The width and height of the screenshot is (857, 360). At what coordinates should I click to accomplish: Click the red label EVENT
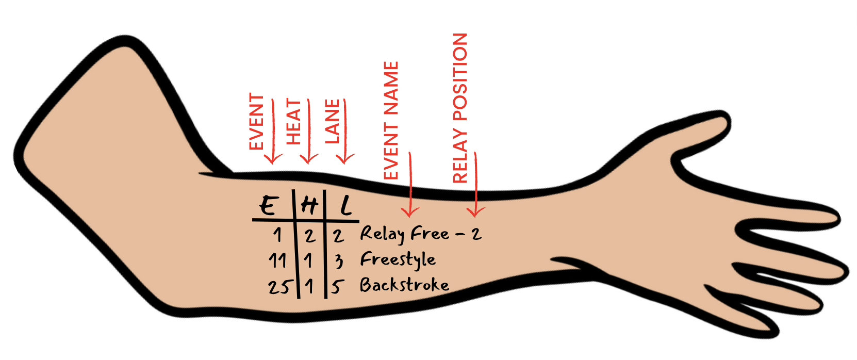point(256,122)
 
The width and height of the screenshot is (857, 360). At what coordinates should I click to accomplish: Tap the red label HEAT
point(293,122)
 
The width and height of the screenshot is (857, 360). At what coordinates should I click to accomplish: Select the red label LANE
point(332,122)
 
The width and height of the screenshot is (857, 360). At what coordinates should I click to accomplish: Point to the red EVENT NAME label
point(391,121)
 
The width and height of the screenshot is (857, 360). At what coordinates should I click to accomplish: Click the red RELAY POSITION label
point(460,108)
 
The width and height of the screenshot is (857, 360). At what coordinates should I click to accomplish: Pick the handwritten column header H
point(309,206)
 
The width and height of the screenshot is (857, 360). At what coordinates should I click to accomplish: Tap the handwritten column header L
point(346,206)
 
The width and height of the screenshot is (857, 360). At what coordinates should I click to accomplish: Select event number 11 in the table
point(277,260)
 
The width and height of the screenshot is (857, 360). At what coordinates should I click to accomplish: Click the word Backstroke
point(404,285)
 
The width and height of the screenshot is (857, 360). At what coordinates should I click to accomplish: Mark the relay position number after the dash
point(476,235)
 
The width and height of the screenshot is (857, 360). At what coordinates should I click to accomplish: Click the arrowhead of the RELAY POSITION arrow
point(475,211)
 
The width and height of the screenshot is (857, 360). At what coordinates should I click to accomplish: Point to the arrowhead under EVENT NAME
point(410,211)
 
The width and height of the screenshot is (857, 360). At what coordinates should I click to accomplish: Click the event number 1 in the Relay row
point(278,235)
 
